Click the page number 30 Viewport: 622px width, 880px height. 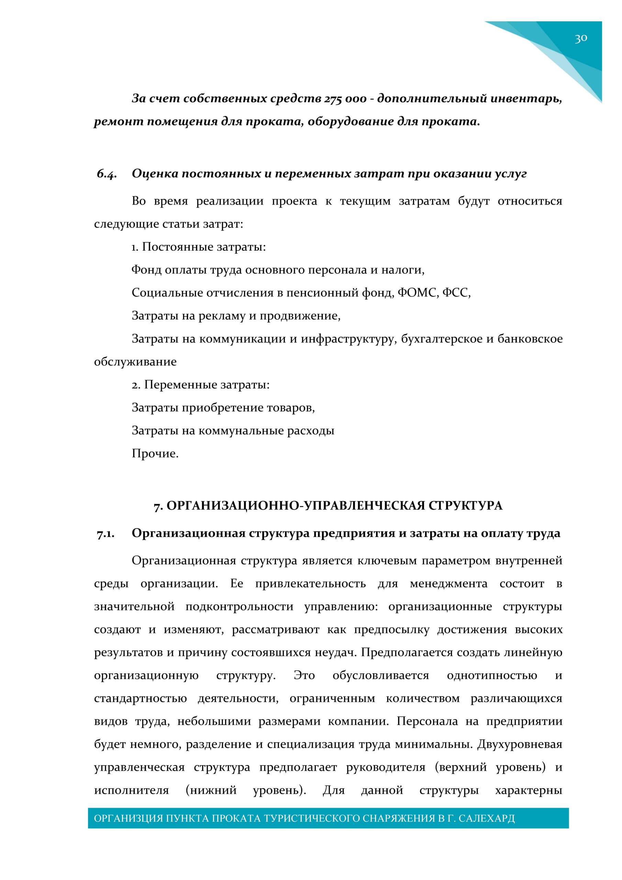(581, 38)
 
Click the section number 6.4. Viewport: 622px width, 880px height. (107, 174)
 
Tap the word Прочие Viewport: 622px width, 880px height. (155, 454)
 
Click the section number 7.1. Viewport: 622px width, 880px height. (105, 533)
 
